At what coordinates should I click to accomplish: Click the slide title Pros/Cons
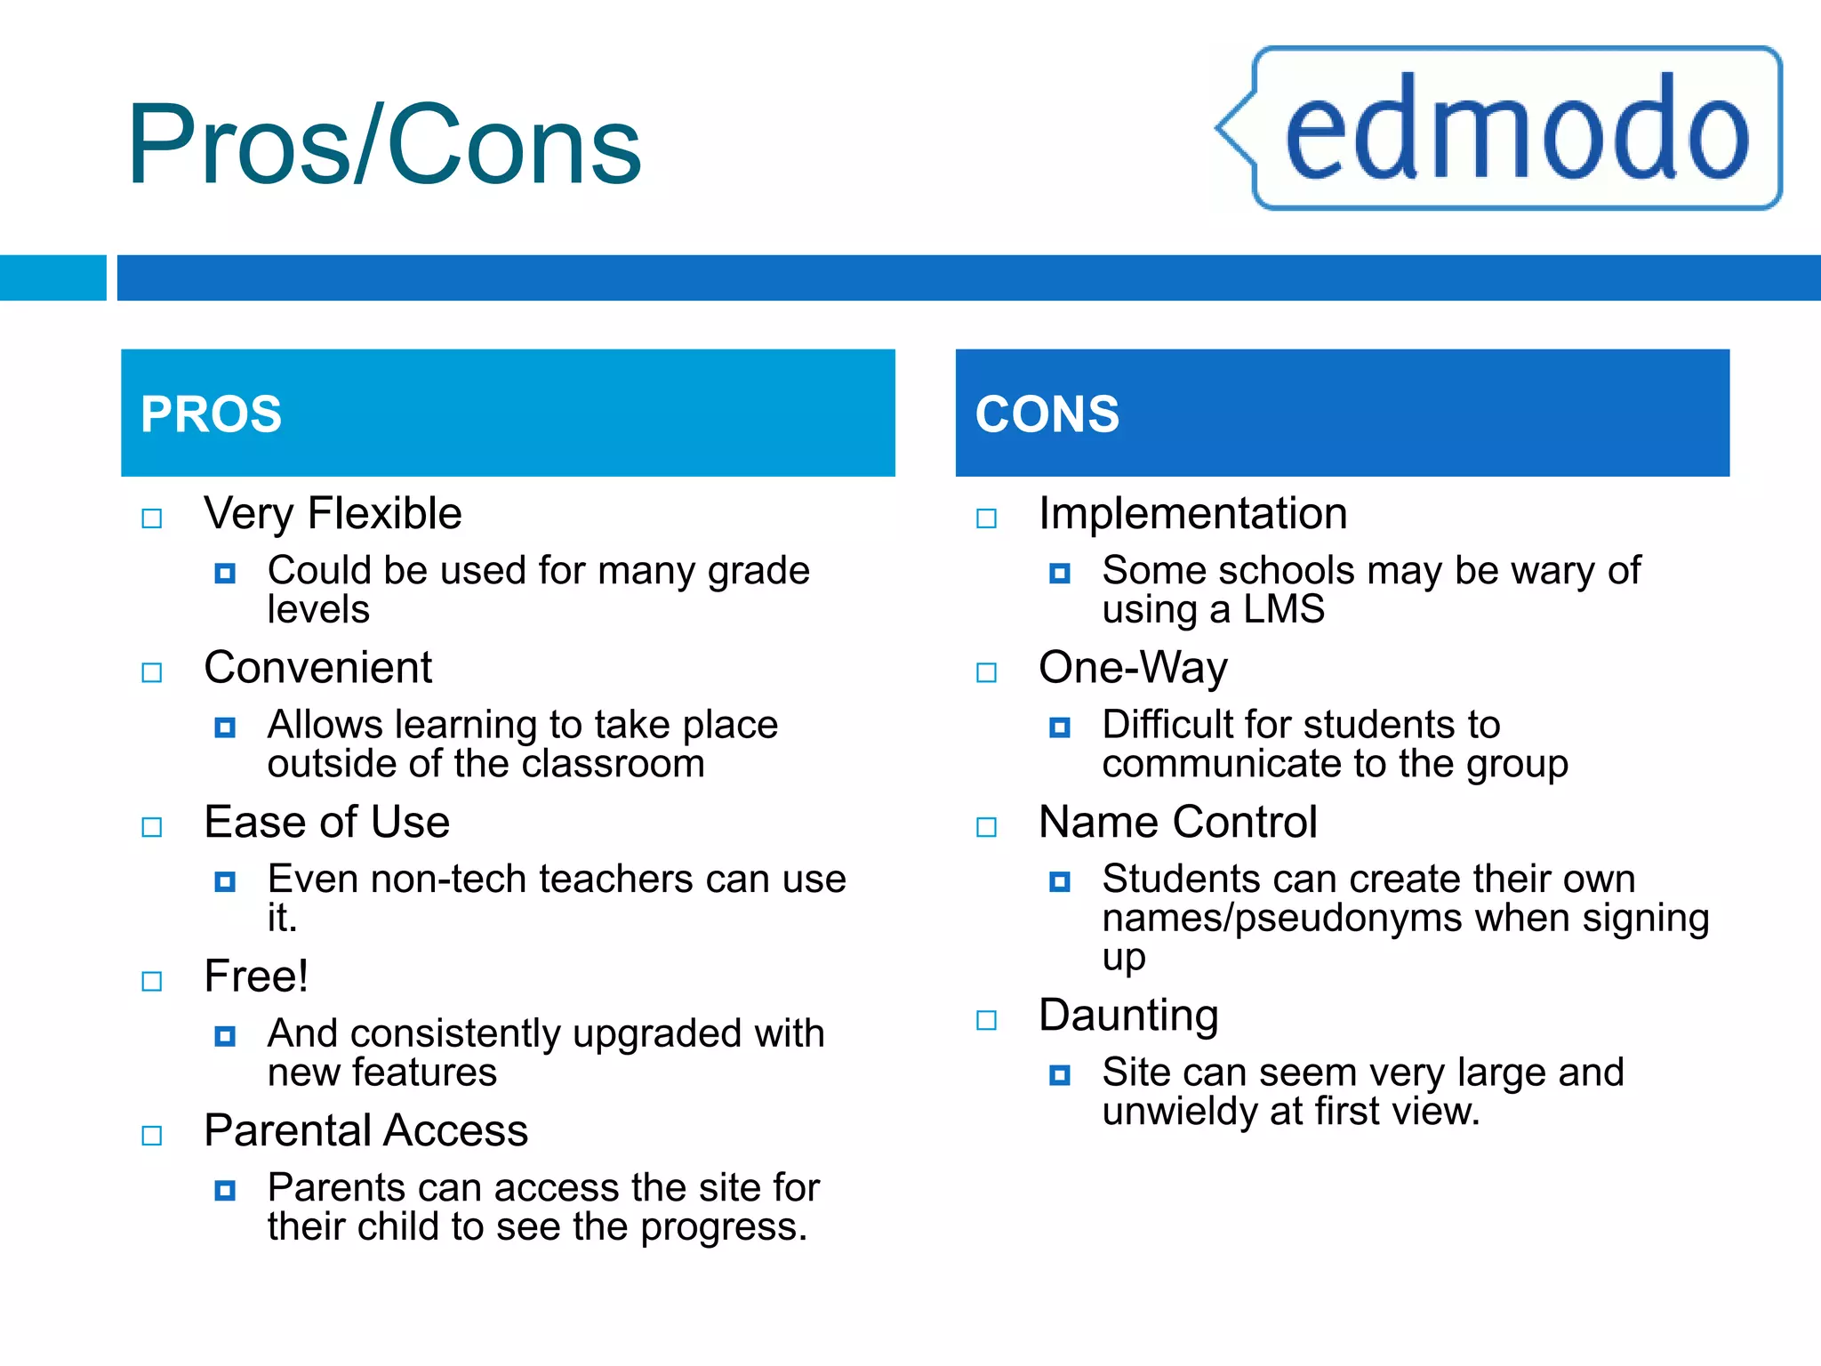[384, 145]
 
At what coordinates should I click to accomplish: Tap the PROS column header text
[211, 414]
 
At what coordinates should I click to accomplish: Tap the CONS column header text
[1047, 414]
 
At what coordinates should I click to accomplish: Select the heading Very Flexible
[333, 514]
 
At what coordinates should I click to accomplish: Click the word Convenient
[317, 668]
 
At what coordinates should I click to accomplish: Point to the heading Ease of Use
[326, 822]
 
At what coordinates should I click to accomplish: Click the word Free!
[256, 976]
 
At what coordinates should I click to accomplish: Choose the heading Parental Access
[365, 1130]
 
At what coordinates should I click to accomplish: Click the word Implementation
[1192, 514]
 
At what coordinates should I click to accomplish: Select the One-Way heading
[1133, 668]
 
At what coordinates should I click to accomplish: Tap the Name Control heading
[1177, 822]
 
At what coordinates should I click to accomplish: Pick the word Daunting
[1128, 1016]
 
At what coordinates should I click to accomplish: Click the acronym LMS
[1283, 610]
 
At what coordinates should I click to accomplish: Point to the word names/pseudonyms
[1281, 919]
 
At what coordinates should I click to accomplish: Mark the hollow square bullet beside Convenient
[152, 672]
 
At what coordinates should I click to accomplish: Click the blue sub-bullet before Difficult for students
[1059, 727]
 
